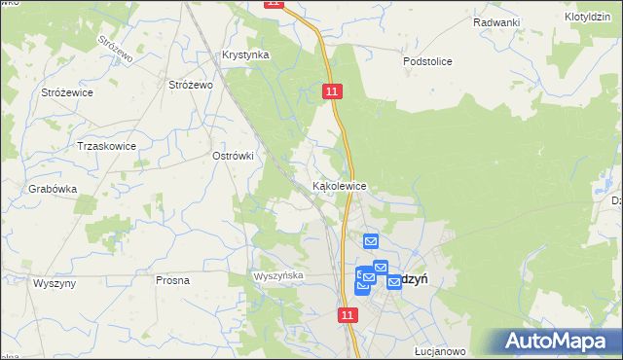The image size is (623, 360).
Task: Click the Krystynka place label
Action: click(x=245, y=55)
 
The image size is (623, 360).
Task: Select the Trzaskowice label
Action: click(x=106, y=146)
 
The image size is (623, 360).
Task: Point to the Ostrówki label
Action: click(x=233, y=156)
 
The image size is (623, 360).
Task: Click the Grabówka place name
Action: click(x=53, y=190)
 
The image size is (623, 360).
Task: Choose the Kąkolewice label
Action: click(x=339, y=185)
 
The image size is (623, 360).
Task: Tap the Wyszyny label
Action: click(x=55, y=282)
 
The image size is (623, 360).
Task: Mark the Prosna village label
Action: click(x=172, y=280)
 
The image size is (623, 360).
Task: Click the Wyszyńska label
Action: click(x=279, y=276)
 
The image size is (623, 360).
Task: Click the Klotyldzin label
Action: click(x=587, y=18)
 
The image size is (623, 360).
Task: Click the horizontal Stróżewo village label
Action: click(x=191, y=86)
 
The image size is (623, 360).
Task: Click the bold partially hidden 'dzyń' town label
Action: click(x=414, y=278)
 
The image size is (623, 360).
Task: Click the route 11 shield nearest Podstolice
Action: click(x=333, y=90)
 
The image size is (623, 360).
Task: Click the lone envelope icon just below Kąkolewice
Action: click(x=370, y=241)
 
